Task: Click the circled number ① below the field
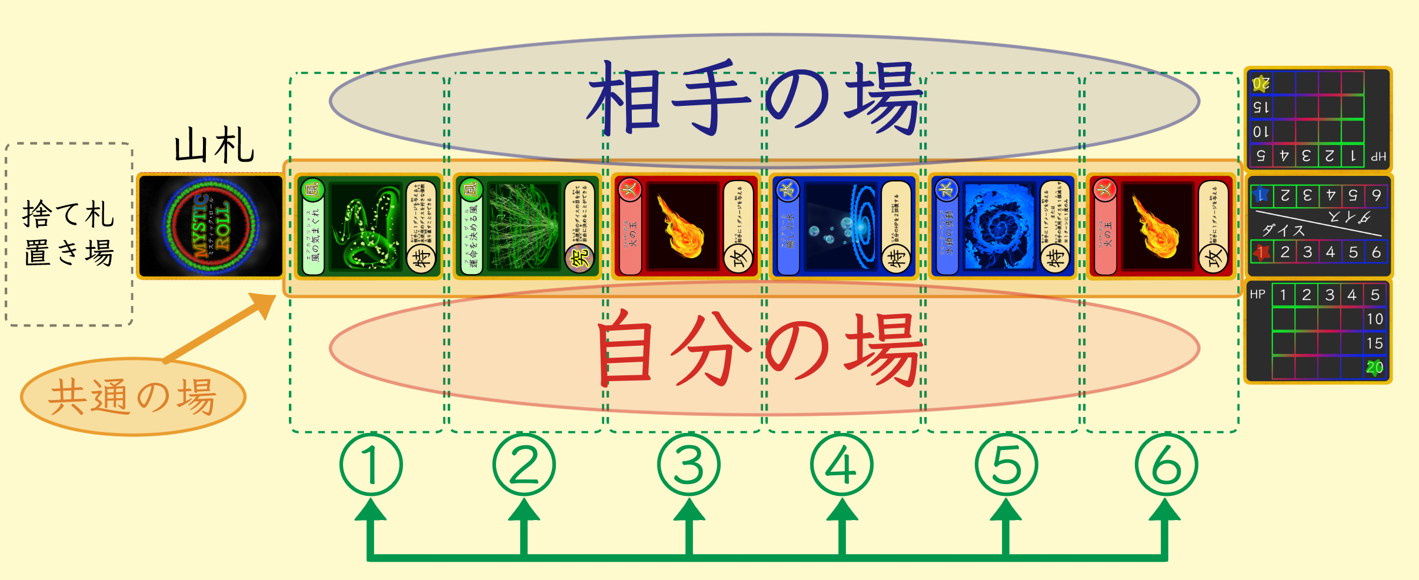(x=371, y=465)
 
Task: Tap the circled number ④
(x=842, y=465)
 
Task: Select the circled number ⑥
(x=1166, y=465)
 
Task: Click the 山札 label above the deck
(x=214, y=145)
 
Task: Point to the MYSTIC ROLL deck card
(x=211, y=226)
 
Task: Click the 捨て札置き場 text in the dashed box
(x=68, y=233)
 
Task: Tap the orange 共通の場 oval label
(x=133, y=396)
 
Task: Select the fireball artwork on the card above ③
(x=682, y=227)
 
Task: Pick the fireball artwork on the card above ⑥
(x=1157, y=227)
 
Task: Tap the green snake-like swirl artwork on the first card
(x=366, y=227)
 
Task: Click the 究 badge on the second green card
(x=580, y=258)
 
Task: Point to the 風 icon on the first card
(x=313, y=189)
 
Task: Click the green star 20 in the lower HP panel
(x=1374, y=368)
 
